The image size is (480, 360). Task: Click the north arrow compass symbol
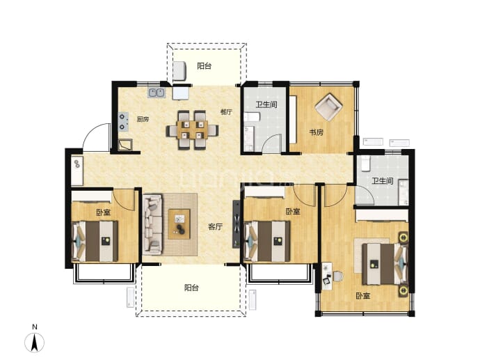[34, 342]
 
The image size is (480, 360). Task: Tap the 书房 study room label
[317, 132]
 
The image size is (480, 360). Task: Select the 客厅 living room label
[215, 227]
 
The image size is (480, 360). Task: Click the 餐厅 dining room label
[226, 112]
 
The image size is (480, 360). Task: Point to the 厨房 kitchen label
[143, 119]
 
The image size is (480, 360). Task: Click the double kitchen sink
[157, 93]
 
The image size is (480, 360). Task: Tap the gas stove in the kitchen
[123, 121]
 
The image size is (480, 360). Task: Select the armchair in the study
[328, 107]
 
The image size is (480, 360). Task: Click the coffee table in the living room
[179, 224]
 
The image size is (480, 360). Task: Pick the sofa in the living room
[152, 225]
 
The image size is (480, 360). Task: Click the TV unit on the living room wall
[236, 224]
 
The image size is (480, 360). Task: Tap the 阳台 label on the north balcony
[205, 66]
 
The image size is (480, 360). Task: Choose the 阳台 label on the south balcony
[191, 288]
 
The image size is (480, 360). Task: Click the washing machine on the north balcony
[179, 71]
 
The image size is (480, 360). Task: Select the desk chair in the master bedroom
[337, 276]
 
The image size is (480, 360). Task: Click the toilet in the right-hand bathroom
[366, 163]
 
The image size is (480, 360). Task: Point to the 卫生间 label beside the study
[266, 104]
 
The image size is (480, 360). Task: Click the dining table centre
[192, 130]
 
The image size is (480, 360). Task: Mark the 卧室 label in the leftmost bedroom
[104, 212]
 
